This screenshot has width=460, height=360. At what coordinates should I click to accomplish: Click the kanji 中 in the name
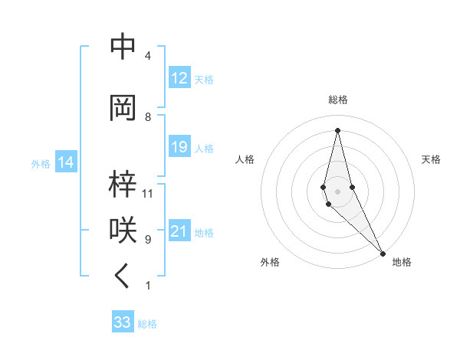click(123, 47)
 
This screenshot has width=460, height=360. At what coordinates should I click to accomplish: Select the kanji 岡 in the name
click(123, 108)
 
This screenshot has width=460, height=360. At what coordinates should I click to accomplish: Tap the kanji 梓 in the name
click(123, 184)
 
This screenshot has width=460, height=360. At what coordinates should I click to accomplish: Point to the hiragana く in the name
click(123, 277)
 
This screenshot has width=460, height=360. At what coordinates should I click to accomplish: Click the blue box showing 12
click(179, 78)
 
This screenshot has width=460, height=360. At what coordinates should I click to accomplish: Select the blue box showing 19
click(179, 147)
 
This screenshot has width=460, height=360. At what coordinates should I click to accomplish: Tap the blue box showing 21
click(179, 231)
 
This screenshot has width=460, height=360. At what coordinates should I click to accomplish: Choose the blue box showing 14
click(66, 162)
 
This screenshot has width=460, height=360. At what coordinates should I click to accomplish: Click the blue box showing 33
click(123, 322)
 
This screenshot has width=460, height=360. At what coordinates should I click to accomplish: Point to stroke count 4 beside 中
click(147, 56)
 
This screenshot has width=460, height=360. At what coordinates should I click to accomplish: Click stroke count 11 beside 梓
click(148, 193)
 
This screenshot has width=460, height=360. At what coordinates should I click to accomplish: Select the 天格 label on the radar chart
click(431, 159)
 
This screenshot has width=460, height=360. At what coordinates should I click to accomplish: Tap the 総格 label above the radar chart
click(337, 100)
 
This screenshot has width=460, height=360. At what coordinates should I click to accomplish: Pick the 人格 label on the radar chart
click(245, 159)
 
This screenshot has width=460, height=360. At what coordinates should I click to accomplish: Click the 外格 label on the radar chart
click(269, 263)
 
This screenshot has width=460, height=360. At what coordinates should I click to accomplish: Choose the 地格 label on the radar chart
click(402, 263)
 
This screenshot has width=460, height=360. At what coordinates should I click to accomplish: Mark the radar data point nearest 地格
click(382, 252)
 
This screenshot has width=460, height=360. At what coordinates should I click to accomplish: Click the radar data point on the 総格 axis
click(337, 129)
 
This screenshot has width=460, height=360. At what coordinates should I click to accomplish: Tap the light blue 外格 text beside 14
click(41, 163)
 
